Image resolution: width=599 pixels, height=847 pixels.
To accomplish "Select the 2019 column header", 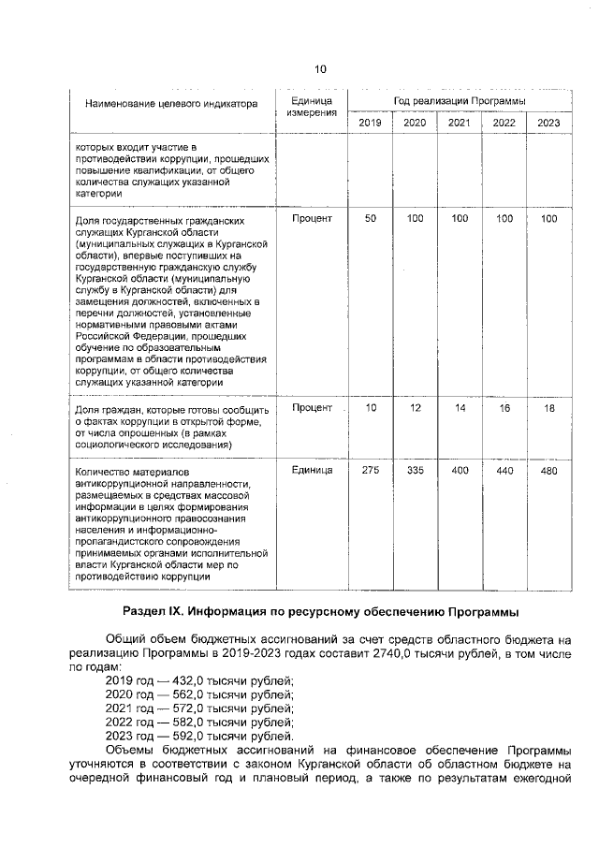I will [371, 123].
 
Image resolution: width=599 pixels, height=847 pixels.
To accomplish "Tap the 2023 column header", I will [548, 123].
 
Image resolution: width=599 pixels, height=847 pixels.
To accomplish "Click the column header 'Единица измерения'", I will [312, 107].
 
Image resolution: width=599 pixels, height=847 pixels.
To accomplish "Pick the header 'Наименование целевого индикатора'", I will [171, 104].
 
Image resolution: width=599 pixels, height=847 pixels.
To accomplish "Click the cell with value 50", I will [371, 219].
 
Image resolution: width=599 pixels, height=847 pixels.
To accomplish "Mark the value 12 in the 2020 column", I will [416, 408].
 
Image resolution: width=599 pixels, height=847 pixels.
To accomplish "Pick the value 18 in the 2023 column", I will [548, 408].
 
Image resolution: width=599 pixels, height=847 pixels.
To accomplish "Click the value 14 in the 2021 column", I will [460, 408].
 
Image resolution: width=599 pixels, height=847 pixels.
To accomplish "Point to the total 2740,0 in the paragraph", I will [363, 651].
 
